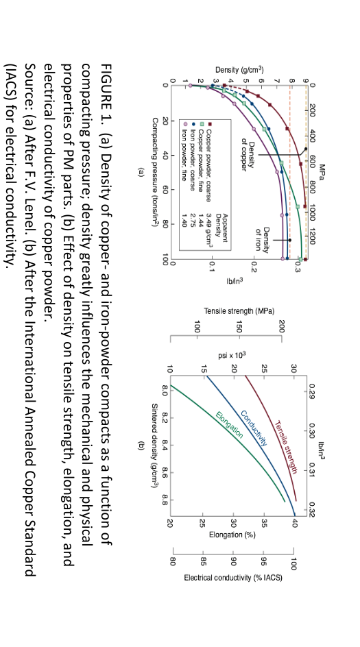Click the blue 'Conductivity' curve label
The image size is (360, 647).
[x=254, y=428]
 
